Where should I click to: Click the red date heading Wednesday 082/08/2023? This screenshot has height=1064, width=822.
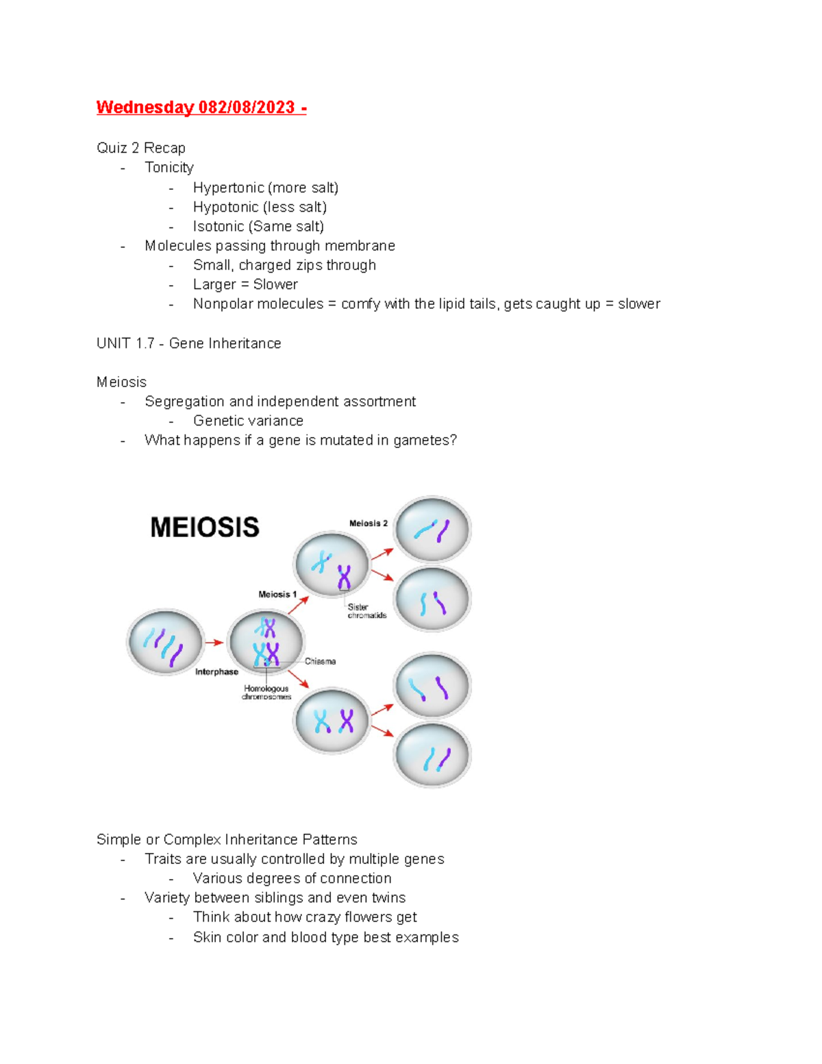pyautogui.click(x=201, y=108)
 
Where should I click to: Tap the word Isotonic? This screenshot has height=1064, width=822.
pyautogui.click(x=219, y=226)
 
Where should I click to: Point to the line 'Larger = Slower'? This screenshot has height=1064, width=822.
pyautogui.click(x=245, y=284)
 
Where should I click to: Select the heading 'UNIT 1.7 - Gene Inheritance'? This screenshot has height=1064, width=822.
pyautogui.click(x=188, y=343)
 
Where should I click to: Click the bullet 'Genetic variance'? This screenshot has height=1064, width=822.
pyautogui.click(x=248, y=421)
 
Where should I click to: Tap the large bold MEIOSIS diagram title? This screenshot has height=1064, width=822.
pyautogui.click(x=205, y=528)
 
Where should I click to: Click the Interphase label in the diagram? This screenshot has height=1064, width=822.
pyautogui.click(x=216, y=672)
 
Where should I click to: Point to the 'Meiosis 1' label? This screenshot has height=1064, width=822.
pyautogui.click(x=277, y=595)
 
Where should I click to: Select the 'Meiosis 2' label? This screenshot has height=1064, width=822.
pyautogui.click(x=368, y=523)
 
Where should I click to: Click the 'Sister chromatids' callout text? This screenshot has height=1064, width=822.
pyautogui.click(x=366, y=611)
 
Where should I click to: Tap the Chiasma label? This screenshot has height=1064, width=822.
pyautogui.click(x=320, y=662)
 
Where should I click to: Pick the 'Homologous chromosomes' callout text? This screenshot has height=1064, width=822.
pyautogui.click(x=266, y=693)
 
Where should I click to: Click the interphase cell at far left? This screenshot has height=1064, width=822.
pyautogui.click(x=165, y=642)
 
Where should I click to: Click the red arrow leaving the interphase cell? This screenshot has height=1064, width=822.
pyautogui.click(x=214, y=643)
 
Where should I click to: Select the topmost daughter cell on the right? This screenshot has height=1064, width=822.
pyautogui.click(x=432, y=530)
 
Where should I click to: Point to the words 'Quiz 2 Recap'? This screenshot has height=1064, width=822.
pyautogui.click(x=141, y=148)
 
